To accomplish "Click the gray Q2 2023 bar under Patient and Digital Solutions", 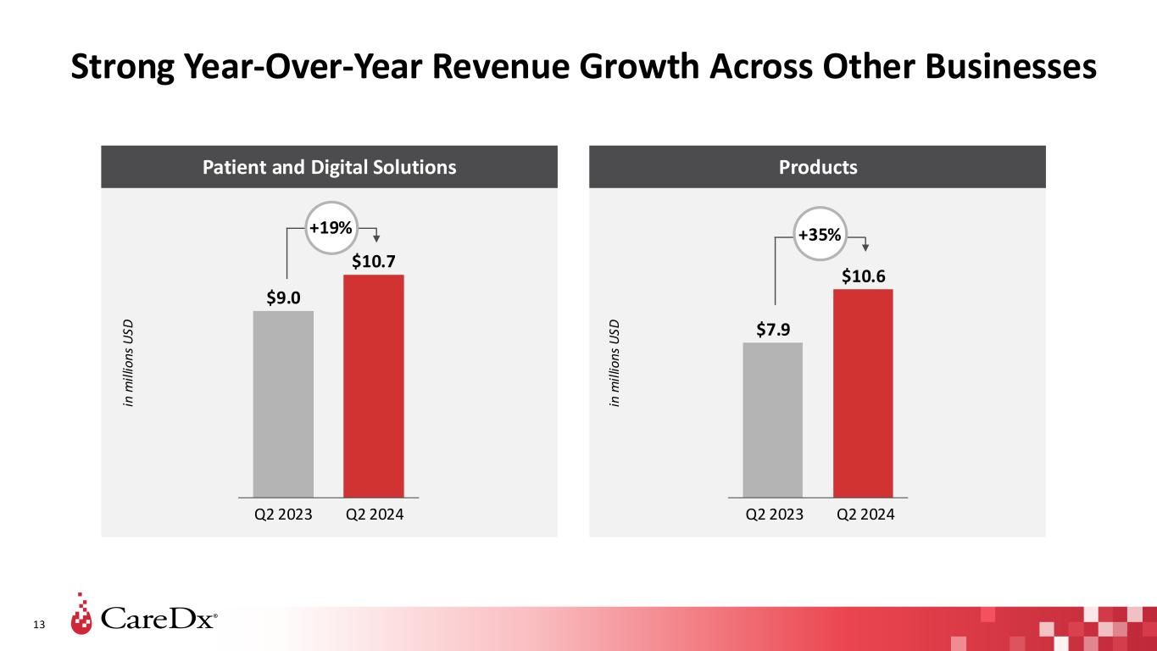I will [x=283, y=403].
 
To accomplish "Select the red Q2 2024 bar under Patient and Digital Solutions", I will [x=373, y=385].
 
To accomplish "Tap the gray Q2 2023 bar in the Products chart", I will [x=772, y=419].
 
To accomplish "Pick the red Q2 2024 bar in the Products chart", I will [x=863, y=392].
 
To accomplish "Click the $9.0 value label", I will [x=283, y=297].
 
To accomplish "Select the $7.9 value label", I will [x=773, y=328].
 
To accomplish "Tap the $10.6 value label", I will [x=863, y=275].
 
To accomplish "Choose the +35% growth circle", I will [x=820, y=234].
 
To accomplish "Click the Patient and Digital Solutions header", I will [x=329, y=167].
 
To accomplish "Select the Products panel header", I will [x=817, y=167].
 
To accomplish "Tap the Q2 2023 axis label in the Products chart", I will [x=773, y=514].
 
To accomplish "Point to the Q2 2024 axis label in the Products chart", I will [x=865, y=514].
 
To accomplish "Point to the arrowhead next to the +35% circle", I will [x=865, y=247].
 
